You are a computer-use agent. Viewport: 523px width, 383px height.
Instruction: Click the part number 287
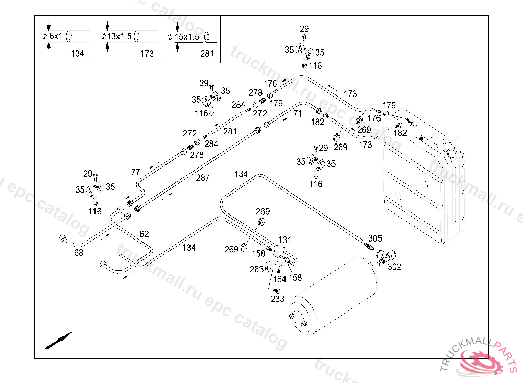203,178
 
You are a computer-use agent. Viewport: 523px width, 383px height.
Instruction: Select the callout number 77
135,172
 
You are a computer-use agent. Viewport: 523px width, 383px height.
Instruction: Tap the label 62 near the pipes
145,234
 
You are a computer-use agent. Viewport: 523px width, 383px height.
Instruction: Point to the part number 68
79,252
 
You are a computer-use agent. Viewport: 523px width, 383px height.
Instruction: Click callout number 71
298,114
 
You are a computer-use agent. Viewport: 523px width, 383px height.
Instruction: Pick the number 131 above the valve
284,240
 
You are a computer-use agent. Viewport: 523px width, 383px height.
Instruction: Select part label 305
375,238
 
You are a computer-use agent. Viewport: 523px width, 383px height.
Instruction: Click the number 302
394,266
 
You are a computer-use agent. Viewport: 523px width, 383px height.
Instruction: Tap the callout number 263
256,269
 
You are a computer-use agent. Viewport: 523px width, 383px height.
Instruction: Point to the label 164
279,279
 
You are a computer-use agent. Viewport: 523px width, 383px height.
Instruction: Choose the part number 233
277,299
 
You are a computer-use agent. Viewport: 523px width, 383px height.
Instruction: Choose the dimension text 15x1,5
187,37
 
